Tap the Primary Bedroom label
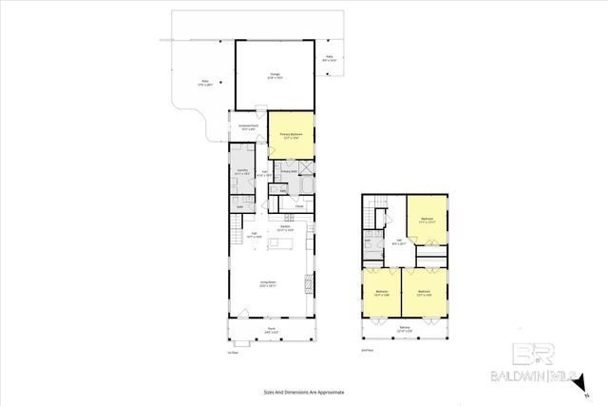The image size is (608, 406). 290,135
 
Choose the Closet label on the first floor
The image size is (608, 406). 298,205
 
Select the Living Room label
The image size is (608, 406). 270,283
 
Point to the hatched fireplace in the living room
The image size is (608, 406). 308,283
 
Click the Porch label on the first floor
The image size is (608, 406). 270,331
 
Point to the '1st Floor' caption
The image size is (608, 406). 232,351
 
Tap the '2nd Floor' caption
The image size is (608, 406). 368,350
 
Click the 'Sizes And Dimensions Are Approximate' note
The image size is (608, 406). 303,392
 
